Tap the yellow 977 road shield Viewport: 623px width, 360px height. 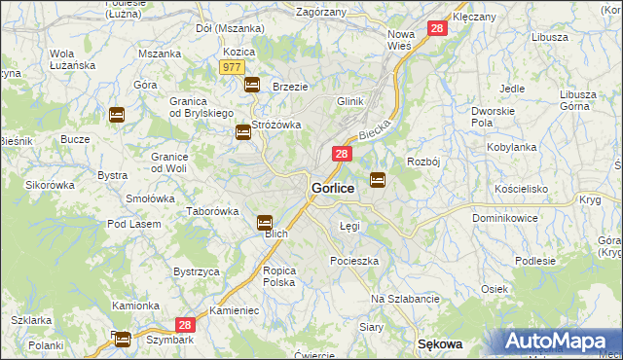tap(232, 66)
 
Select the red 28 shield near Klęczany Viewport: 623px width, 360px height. tap(436, 29)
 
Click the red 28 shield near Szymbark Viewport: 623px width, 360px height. tap(186, 327)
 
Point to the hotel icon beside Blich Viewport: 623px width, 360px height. tap(265, 223)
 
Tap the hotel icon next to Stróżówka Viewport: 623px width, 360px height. tap(242, 132)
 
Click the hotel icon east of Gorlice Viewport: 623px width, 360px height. tap(378, 179)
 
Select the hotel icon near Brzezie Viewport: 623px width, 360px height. tap(252, 85)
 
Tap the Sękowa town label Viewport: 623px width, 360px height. tap(438, 344)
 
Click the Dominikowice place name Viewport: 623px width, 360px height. tap(505, 218)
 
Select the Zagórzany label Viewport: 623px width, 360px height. tap(319, 13)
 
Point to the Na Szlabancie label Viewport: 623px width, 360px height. tap(406, 298)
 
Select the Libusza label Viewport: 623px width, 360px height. tap(550, 37)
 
